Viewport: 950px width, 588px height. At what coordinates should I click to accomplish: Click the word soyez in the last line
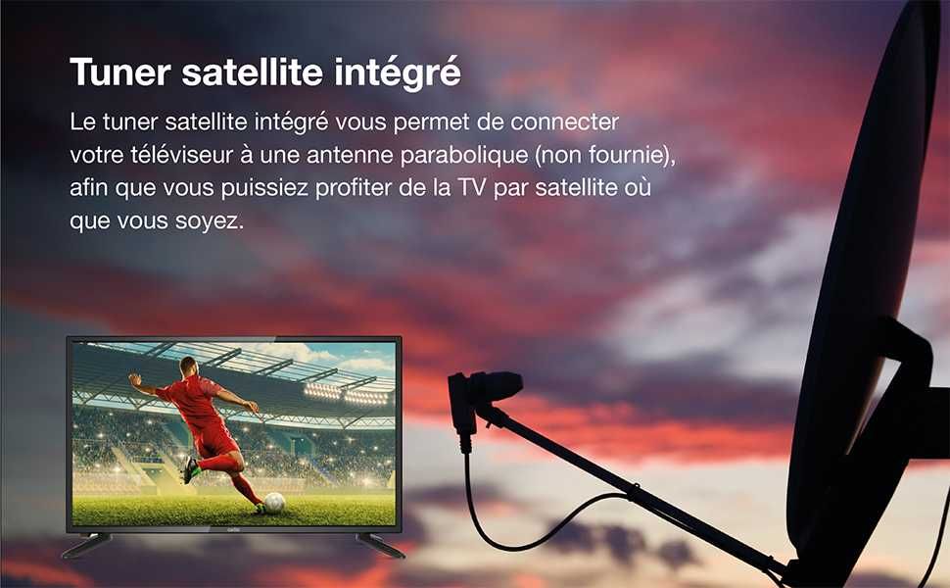click(207, 220)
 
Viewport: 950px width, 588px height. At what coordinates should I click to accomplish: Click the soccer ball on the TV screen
click(274, 502)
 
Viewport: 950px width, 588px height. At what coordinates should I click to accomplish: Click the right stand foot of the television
click(380, 546)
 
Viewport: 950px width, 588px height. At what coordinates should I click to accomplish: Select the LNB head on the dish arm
click(486, 389)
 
